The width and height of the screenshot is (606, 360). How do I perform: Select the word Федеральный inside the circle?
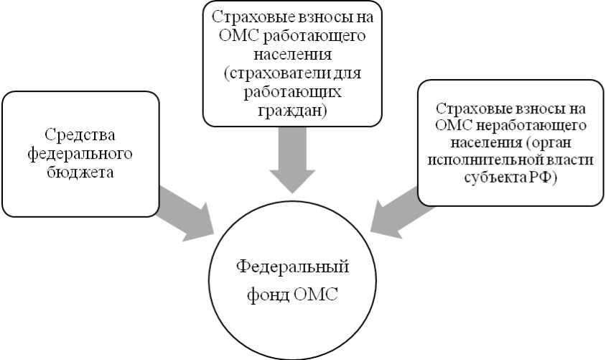(x=292, y=267)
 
